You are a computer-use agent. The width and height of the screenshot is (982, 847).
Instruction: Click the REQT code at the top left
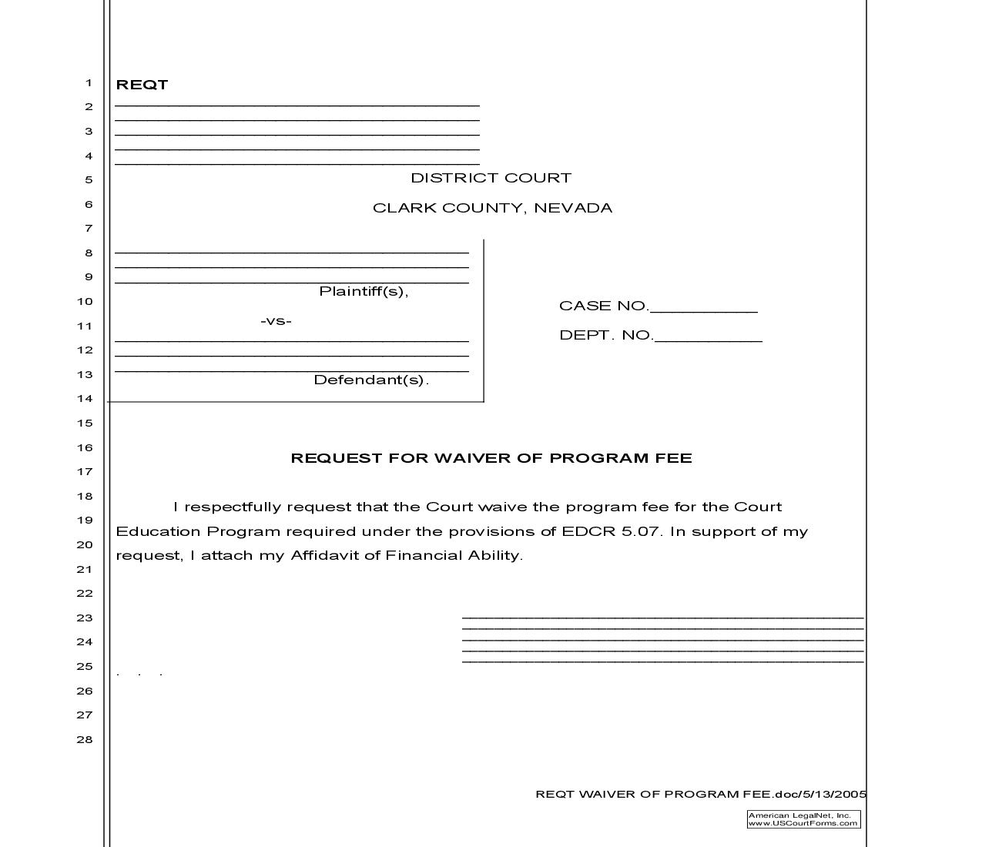point(142,85)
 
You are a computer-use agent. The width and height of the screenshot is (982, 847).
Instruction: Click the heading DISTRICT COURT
point(491,178)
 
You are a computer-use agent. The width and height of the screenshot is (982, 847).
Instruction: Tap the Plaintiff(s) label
point(364,291)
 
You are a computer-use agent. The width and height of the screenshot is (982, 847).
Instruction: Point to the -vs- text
point(276,320)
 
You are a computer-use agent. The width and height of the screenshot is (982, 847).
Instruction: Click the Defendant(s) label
point(370,380)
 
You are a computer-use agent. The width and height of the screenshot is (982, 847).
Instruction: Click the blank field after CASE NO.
point(703,306)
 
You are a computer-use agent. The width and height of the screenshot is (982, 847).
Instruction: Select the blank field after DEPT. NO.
point(708,336)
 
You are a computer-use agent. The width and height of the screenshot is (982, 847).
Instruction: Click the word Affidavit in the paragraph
point(323,555)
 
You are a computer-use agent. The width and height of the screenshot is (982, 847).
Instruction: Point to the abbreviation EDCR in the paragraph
point(589,531)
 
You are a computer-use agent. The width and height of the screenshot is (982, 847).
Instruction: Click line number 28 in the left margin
point(84,739)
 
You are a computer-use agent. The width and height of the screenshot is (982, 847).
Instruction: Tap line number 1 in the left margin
point(89,82)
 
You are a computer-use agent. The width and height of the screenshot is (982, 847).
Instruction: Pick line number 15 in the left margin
point(84,423)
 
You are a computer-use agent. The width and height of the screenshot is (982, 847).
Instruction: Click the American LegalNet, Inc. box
point(803,819)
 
